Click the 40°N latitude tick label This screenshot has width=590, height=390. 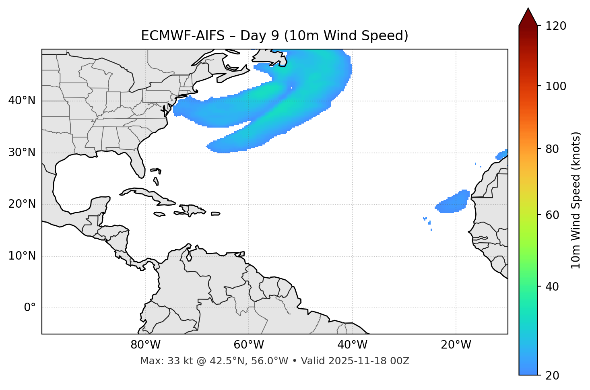coord(22,101)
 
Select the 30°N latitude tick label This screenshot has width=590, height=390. coord(22,153)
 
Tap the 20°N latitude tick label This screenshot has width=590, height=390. coord(22,204)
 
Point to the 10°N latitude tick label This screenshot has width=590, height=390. coord(22,256)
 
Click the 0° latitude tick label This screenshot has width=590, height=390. coord(30,308)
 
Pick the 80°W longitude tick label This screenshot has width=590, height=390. coord(145,345)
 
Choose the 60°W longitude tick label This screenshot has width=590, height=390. coord(249,345)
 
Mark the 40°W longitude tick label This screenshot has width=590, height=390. coord(352,345)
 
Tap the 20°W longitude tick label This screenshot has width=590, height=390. coord(456,345)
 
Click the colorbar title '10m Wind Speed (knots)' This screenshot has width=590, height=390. coord(576,200)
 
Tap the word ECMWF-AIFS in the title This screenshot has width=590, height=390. coord(182,36)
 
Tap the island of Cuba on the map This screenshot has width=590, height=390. coord(149,195)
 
